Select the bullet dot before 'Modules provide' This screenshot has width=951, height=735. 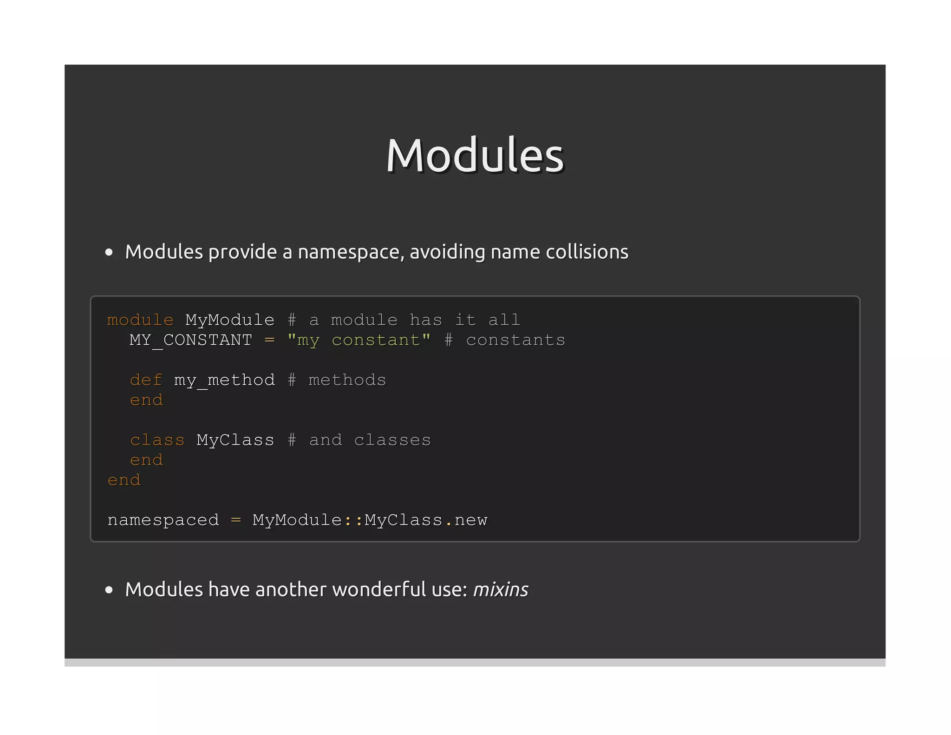(109, 252)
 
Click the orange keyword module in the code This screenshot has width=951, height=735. (140, 320)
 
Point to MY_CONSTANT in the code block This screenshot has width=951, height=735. (190, 340)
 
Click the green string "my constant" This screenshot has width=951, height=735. (359, 340)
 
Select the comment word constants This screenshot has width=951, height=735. (515, 340)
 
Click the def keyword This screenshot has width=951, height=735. (146, 380)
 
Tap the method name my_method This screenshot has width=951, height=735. (224, 381)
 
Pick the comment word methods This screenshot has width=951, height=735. (347, 380)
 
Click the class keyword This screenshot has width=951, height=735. (157, 440)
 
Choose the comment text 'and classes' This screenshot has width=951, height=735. (370, 440)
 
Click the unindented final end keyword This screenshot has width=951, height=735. (124, 480)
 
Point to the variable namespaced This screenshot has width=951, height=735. (163, 520)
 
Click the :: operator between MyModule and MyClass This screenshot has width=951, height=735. (353, 520)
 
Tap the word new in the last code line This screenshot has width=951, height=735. (471, 520)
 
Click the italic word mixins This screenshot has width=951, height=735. (501, 590)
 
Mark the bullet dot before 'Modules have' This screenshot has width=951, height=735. (109, 590)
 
